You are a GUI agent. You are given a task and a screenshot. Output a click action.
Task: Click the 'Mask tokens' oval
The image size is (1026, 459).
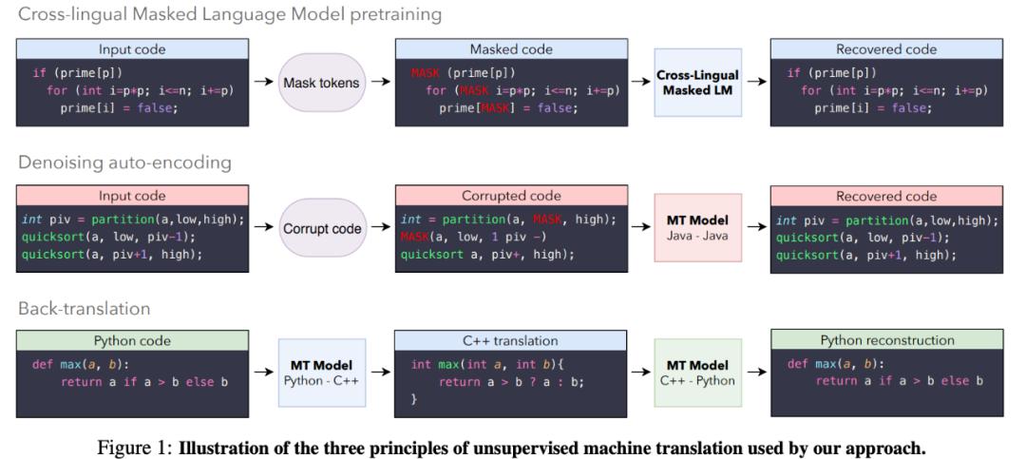tap(321, 83)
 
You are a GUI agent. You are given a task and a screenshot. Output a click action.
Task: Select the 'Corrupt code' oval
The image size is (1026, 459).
tap(321, 229)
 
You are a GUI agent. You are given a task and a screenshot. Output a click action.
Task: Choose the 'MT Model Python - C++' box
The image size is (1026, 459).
tap(320, 373)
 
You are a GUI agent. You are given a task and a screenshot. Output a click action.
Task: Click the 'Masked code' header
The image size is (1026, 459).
tap(511, 48)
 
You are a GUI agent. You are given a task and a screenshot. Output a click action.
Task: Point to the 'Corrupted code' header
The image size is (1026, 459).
tap(511, 196)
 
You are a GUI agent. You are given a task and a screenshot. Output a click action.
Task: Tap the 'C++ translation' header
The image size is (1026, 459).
tap(511, 340)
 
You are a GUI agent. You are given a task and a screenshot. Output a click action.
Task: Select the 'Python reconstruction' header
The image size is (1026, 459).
tap(885, 340)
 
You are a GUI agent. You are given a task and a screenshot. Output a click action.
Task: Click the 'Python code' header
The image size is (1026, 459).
tap(132, 340)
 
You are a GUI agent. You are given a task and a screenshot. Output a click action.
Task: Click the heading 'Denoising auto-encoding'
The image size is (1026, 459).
tap(124, 163)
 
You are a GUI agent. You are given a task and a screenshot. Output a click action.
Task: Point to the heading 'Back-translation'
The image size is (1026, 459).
tap(85, 309)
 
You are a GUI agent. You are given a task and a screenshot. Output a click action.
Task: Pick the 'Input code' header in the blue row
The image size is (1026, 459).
tap(132, 48)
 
